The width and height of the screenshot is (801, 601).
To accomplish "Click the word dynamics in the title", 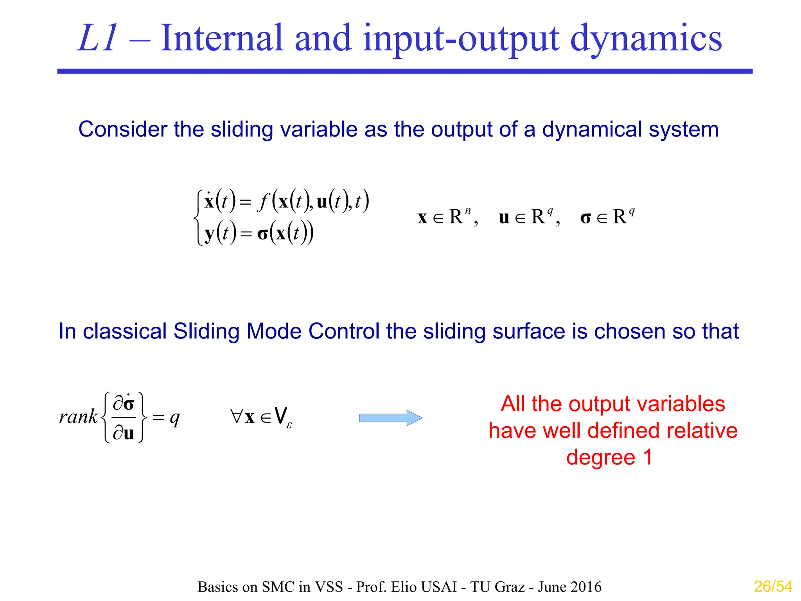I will (646, 38).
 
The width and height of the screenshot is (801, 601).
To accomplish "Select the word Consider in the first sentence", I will (122, 129).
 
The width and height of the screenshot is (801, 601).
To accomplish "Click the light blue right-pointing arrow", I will (390, 418).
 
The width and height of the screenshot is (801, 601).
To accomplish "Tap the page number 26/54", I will (773, 587).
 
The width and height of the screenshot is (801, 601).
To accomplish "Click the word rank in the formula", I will (78, 416).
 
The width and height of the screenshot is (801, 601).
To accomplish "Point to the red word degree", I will (600, 457).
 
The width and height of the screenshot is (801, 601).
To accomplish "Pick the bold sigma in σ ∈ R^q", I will (585, 218).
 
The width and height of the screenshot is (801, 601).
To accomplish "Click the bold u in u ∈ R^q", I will (504, 218).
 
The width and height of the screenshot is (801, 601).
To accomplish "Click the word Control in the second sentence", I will (343, 331).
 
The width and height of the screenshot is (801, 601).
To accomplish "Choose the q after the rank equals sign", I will (175, 418).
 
